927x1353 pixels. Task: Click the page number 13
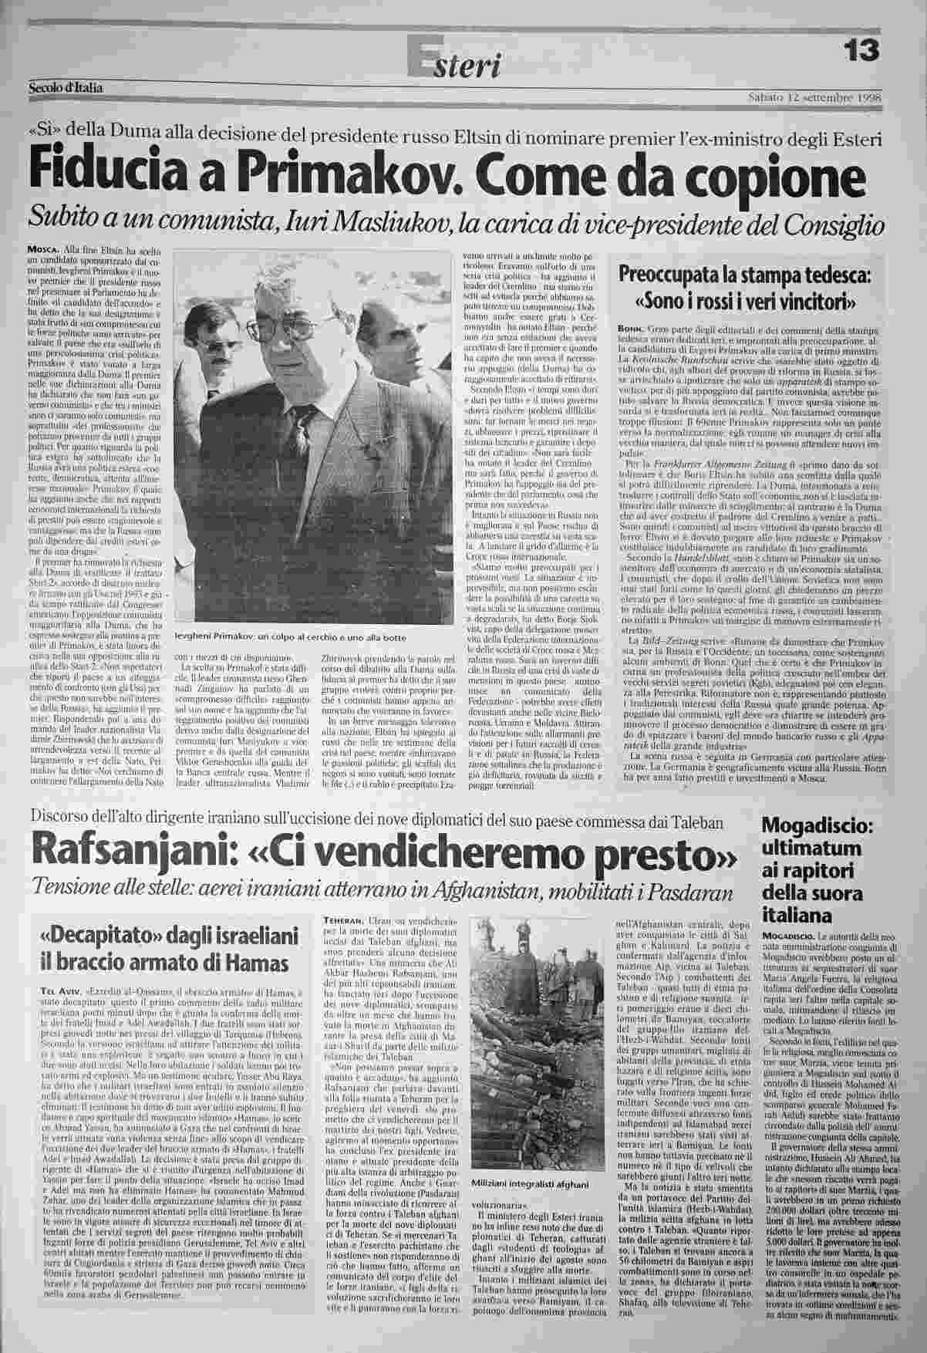tap(860, 50)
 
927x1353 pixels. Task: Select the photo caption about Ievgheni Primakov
tap(291, 637)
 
